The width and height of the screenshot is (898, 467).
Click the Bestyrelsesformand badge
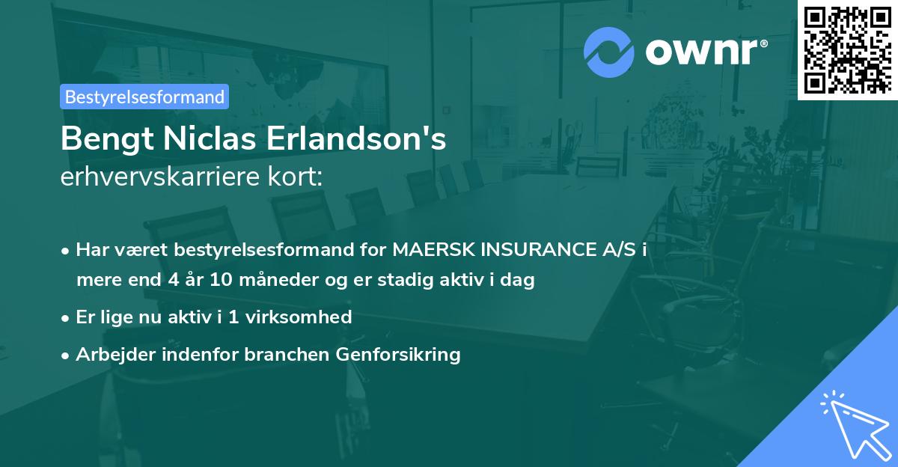144,97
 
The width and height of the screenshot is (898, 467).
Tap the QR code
847,49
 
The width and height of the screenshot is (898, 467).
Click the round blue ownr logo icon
609,52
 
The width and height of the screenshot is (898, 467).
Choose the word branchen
276,354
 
